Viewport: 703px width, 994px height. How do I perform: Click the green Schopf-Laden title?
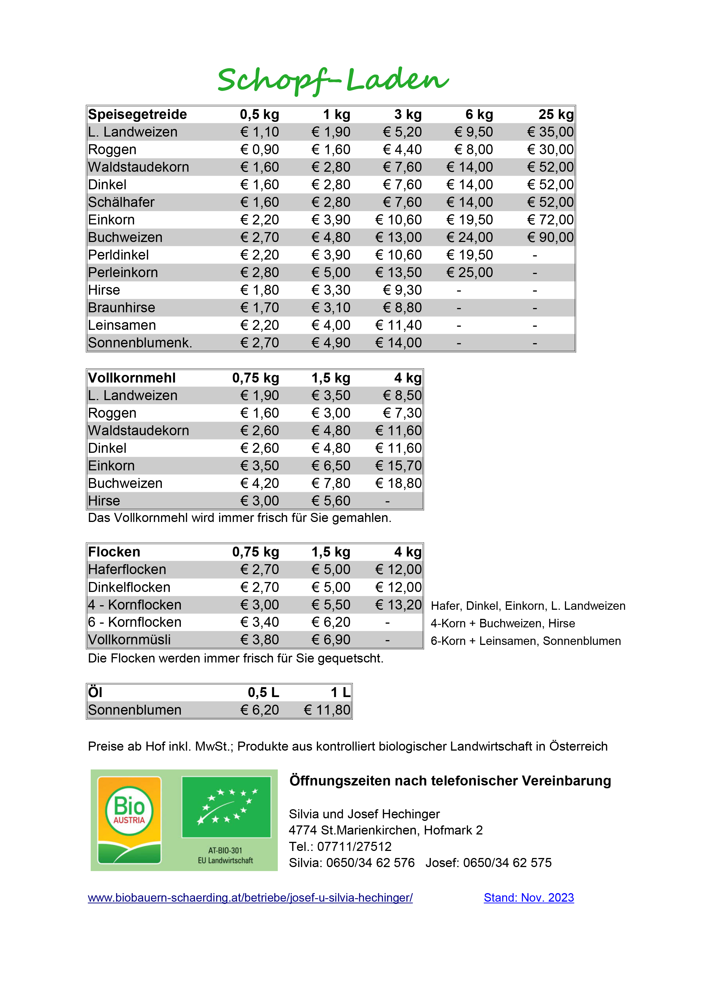click(333, 80)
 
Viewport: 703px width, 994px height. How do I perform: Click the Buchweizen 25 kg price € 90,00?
click(550, 237)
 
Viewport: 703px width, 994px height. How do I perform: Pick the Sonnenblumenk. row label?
click(140, 343)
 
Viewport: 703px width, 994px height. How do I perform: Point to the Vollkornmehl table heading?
click(132, 378)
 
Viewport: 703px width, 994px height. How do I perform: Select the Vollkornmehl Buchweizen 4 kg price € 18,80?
click(398, 483)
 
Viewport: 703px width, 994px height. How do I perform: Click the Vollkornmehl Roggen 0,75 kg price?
click(259, 413)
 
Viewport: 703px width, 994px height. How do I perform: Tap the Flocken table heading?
click(114, 552)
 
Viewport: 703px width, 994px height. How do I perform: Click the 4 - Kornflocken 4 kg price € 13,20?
click(398, 605)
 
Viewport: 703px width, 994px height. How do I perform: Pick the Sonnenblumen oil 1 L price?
click(327, 710)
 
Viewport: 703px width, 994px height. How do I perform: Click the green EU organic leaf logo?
click(226, 807)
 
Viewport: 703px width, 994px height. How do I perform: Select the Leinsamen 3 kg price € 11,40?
click(398, 325)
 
